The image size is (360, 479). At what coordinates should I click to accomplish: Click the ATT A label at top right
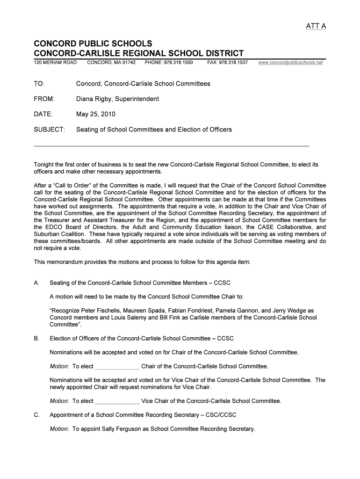point(316,26)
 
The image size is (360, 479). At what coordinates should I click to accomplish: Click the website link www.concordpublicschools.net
point(290,62)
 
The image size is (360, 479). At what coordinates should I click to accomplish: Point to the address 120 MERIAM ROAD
point(55,62)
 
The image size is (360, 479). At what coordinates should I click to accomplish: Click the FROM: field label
point(44,99)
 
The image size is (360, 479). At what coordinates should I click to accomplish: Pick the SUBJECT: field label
point(49,129)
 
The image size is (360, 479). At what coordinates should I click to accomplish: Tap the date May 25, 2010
point(96,114)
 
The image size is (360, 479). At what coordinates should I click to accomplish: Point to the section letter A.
point(36,283)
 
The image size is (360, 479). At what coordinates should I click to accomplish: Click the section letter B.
point(36,338)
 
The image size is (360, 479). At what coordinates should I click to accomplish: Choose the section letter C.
point(36,414)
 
